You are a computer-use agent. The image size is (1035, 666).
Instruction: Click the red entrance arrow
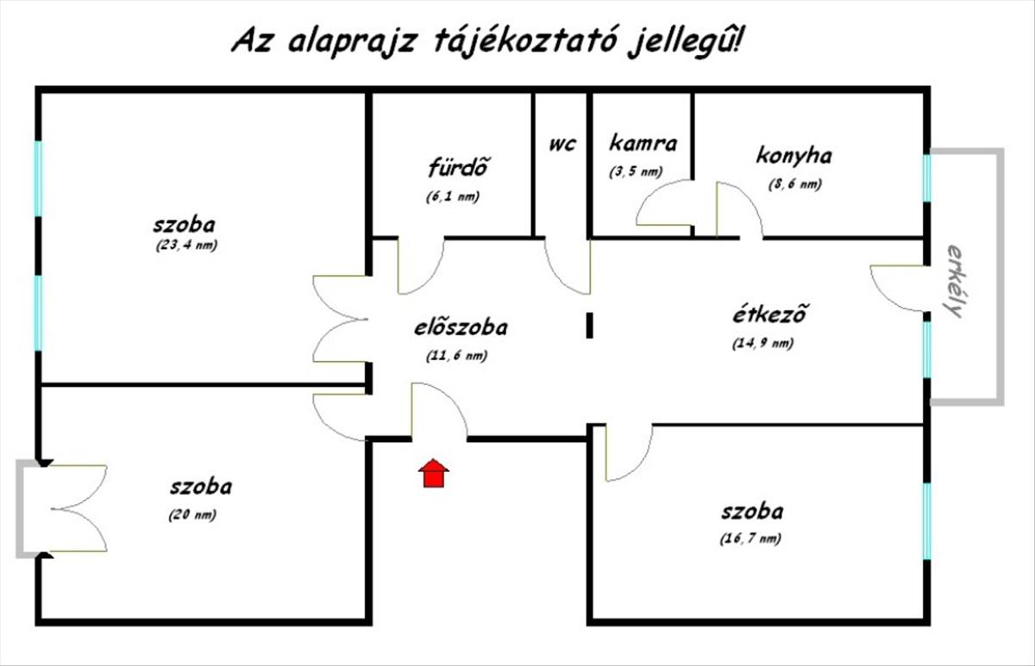(434, 474)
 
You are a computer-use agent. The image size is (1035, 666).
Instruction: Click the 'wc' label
(561, 143)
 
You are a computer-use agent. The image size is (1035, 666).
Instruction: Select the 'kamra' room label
(643, 143)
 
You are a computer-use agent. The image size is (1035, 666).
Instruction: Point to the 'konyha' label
(793, 156)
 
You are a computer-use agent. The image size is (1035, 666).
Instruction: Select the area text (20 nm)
(192, 515)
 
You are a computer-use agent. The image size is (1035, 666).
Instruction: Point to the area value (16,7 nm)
(751, 538)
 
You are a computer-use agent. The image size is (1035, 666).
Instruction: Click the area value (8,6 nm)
(794, 184)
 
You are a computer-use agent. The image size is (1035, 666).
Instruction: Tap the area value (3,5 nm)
(635, 171)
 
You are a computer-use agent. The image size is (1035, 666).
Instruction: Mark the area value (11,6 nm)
(456, 355)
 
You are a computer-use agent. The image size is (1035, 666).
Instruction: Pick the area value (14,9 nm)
(762, 343)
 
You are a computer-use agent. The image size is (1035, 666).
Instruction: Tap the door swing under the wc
(568, 267)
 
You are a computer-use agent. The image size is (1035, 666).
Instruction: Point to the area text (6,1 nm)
(452, 196)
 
